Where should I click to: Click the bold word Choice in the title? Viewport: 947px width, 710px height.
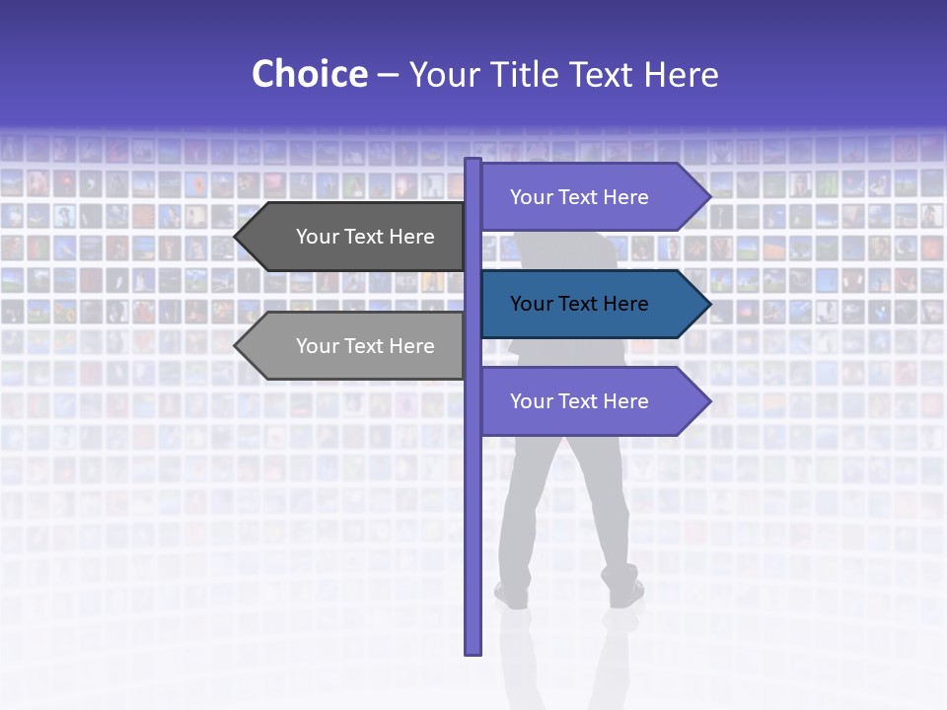pos(309,74)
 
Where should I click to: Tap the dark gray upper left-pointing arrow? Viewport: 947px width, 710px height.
pos(355,237)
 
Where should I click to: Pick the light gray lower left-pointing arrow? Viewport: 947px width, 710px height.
pos(355,346)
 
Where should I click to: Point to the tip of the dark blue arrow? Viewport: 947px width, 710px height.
pos(708,305)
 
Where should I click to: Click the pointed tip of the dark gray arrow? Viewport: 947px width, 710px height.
pos(237,237)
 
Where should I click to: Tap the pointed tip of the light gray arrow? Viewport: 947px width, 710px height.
pos(237,346)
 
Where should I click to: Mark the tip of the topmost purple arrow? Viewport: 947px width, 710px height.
pos(708,197)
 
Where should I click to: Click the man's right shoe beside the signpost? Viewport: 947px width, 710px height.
pos(625,593)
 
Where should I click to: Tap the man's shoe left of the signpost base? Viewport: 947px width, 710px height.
pos(512,595)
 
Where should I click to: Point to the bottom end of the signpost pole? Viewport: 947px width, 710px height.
pos(473,651)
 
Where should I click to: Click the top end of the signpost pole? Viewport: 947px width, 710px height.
pos(473,161)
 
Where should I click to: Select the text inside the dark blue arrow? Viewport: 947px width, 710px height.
pos(579,305)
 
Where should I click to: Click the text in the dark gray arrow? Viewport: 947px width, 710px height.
pos(365,237)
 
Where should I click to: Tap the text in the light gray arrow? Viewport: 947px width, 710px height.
pos(365,346)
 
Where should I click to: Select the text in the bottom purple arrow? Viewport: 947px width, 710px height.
pos(579,401)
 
